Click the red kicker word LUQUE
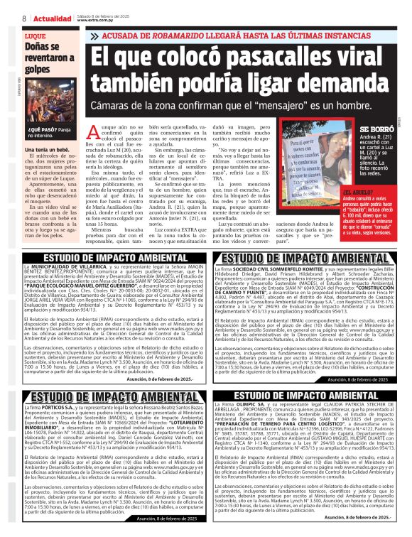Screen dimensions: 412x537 click(x=34, y=35)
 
